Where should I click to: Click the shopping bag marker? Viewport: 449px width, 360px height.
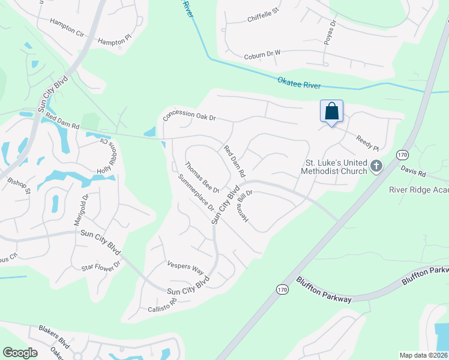(331, 112)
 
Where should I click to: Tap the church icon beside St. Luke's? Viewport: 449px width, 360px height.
(376, 166)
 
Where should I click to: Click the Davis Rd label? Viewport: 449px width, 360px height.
(413, 172)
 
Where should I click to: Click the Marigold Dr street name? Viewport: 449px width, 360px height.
(81, 209)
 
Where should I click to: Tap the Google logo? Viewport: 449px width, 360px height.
(20, 353)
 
